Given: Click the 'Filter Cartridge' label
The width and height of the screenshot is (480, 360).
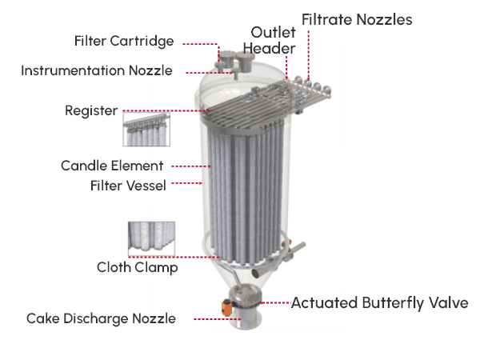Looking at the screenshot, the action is [x=124, y=42].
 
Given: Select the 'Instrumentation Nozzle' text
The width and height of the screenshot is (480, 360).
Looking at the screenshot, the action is [x=97, y=70].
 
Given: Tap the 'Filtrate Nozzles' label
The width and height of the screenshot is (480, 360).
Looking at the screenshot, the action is [x=357, y=19].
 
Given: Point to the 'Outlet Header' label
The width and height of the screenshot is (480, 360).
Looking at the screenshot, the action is [x=270, y=41].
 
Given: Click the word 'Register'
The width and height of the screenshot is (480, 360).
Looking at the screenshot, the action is [x=91, y=111].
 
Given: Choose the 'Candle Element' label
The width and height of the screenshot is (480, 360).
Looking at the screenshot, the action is [x=112, y=166].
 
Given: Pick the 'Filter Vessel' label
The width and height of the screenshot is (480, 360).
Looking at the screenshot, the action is [x=128, y=186].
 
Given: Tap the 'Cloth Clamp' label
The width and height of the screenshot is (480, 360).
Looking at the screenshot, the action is [x=138, y=267].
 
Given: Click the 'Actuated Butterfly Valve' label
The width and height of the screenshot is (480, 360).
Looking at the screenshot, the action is [x=379, y=303].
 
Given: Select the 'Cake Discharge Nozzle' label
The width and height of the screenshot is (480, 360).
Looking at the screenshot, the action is [x=102, y=318].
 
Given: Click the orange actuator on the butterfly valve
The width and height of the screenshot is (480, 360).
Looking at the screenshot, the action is [x=227, y=308].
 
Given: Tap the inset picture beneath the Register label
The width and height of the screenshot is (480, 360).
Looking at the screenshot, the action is [x=146, y=130].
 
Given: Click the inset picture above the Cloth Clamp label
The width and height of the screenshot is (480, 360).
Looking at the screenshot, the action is [x=151, y=238].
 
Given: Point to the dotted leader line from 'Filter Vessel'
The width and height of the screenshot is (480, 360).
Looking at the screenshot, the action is [x=186, y=183].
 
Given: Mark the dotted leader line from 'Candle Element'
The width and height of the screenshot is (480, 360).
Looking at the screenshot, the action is [x=191, y=166].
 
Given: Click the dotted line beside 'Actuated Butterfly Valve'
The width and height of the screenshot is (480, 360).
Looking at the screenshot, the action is [x=275, y=302].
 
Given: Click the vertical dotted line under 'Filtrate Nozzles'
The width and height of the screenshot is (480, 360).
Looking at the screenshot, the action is [x=309, y=55].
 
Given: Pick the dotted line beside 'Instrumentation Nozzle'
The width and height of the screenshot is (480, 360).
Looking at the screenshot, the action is [x=210, y=73].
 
